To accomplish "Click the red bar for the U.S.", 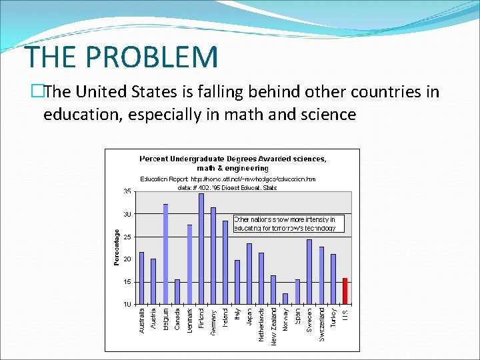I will pyautogui.click(x=345, y=291).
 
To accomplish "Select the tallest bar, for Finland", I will pyautogui.click(x=201, y=249).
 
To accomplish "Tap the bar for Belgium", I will pyautogui.click(x=165, y=254).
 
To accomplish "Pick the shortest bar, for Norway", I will pyautogui.click(x=285, y=298).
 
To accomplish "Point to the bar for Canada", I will pyautogui.click(x=177, y=291).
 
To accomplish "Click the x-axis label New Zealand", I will pyautogui.click(x=273, y=326).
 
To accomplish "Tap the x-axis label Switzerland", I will pyautogui.click(x=321, y=325).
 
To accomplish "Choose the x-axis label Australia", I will pyautogui.click(x=141, y=321).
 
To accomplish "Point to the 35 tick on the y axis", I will pyautogui.click(x=127, y=191).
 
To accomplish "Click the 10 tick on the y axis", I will pyautogui.click(x=127, y=304).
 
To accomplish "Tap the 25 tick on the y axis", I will pyautogui.click(x=127, y=237).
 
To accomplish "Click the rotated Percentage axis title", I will pyautogui.click(x=117, y=247).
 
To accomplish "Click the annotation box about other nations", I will pyautogui.click(x=289, y=223).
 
